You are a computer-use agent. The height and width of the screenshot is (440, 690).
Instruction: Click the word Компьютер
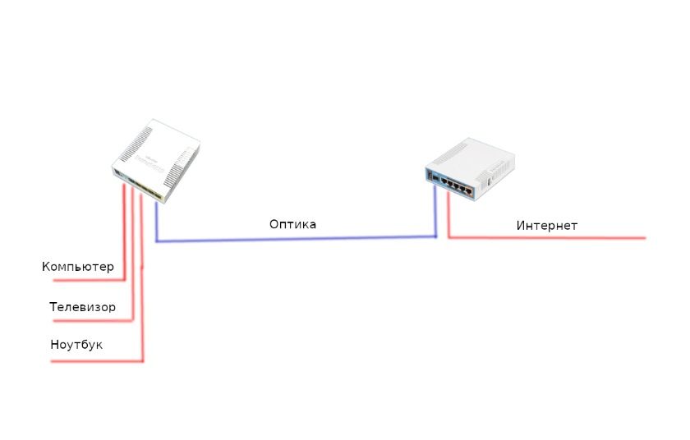(x=77, y=267)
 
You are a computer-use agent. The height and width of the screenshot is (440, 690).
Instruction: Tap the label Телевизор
(x=82, y=307)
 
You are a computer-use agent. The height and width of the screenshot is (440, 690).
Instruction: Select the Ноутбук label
(x=76, y=345)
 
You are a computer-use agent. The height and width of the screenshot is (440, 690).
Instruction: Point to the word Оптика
(x=292, y=224)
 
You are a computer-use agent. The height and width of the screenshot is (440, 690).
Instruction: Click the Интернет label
(x=547, y=226)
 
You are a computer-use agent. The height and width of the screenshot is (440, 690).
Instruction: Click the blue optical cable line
(x=296, y=240)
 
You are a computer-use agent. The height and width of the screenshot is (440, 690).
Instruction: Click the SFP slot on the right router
(x=433, y=176)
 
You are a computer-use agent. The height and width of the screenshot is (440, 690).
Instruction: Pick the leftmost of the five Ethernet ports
(x=444, y=180)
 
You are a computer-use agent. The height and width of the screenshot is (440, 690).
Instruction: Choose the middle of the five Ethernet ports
(x=457, y=185)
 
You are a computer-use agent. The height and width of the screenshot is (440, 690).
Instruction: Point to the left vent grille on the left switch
(x=132, y=149)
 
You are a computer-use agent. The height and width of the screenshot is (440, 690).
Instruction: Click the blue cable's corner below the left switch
(x=157, y=241)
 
